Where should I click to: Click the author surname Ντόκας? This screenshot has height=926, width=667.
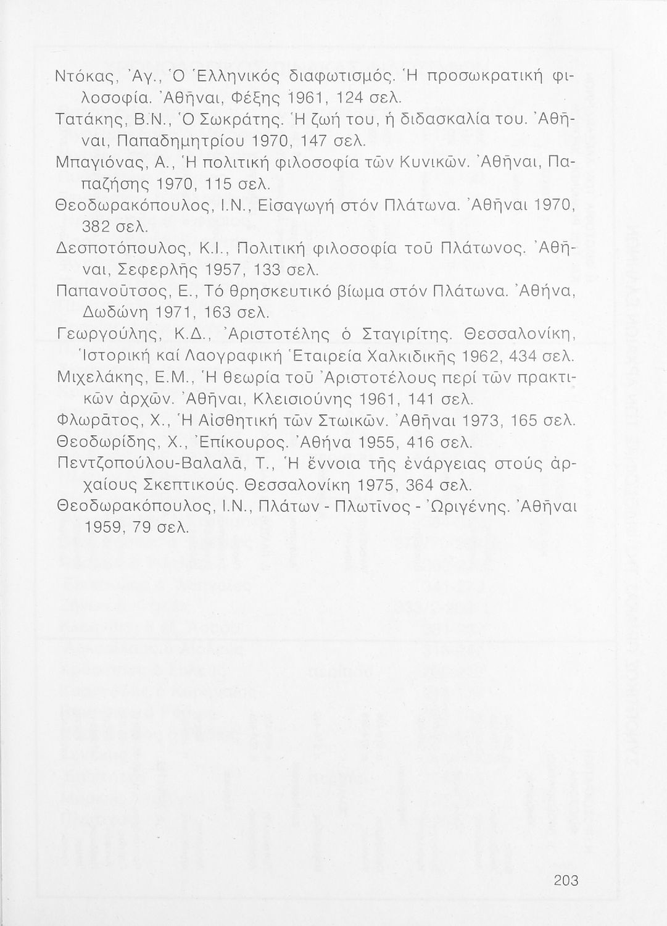pos(85,77)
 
